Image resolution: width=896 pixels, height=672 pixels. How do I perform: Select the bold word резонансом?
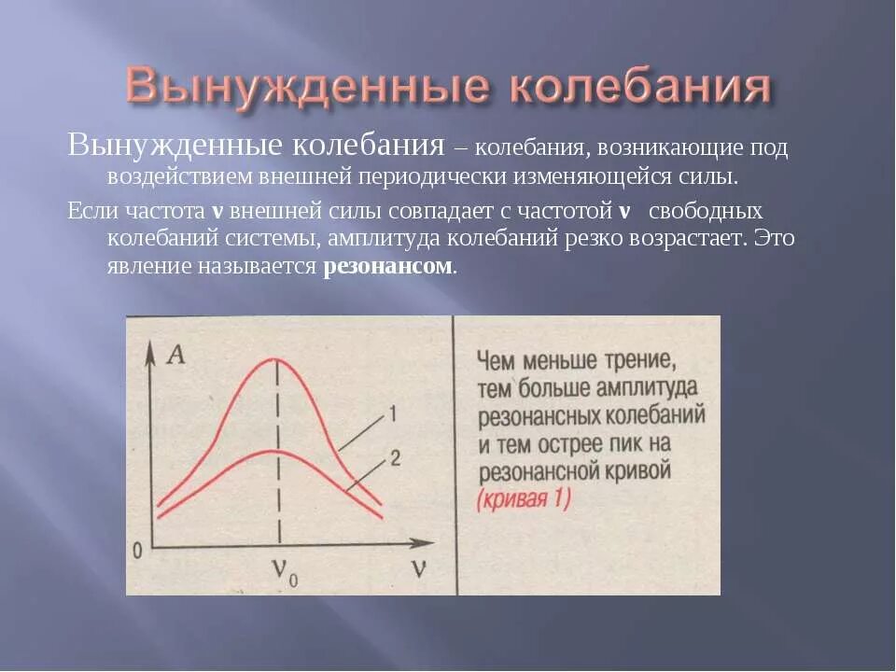click(387, 266)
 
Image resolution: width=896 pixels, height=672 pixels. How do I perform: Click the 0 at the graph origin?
click(137, 550)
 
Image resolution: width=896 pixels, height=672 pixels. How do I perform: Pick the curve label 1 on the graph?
click(393, 413)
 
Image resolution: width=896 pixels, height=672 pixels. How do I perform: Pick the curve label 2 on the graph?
click(395, 457)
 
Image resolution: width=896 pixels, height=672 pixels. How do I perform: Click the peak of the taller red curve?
click(277, 360)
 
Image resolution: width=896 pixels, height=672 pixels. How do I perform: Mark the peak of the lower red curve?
click(277, 453)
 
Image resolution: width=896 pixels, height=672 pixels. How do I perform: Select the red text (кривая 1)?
click(524, 498)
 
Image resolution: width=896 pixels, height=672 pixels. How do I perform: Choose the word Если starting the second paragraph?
click(89, 210)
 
